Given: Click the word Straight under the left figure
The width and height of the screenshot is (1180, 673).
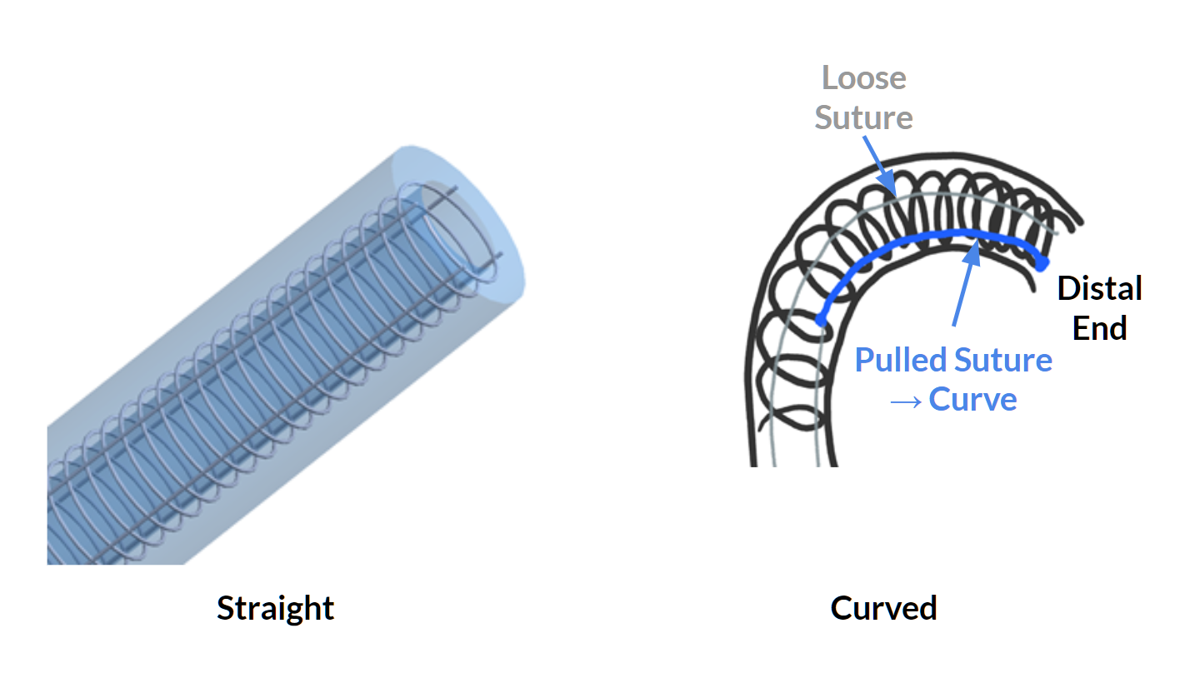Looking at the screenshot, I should (275, 608).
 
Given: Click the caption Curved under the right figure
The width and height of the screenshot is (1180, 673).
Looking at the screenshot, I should (883, 608).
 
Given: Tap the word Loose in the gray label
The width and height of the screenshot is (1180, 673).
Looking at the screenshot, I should (863, 78).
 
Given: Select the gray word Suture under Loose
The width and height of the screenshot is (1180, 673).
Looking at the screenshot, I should (863, 117).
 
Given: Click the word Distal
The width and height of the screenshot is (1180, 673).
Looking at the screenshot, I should (1099, 289).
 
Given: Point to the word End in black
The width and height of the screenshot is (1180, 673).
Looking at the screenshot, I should (1099, 328).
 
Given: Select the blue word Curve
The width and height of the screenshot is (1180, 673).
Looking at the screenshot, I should (972, 400).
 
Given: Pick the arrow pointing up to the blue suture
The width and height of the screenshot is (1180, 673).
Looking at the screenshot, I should (963, 283).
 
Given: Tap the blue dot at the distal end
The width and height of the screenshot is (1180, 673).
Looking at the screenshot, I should (1042, 263).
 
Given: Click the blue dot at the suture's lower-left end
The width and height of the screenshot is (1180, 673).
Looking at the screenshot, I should (821, 319).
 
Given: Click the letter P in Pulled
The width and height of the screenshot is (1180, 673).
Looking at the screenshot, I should (864, 361).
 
